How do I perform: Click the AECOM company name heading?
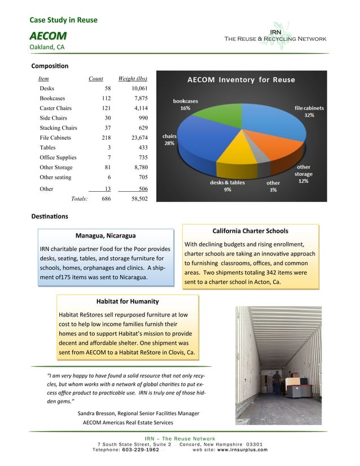[48, 36]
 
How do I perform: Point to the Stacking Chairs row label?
[58, 128]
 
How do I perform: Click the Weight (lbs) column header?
[133, 78]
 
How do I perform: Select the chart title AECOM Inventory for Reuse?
[241, 80]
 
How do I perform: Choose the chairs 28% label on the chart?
[169, 140]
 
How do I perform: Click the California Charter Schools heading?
[250, 231]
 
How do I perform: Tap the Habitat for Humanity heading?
[128, 301]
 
